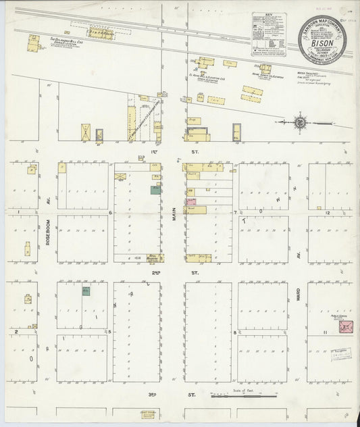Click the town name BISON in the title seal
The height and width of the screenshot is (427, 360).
[324, 39]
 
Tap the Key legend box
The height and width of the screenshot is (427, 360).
[268, 34]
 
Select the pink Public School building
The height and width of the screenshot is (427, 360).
[346, 328]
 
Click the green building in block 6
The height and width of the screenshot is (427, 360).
[155, 191]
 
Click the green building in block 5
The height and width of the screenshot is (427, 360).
[86, 291]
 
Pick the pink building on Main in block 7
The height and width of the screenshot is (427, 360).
[191, 201]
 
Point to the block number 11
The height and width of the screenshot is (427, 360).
[325, 333]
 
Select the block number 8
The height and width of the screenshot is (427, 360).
[234, 332]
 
